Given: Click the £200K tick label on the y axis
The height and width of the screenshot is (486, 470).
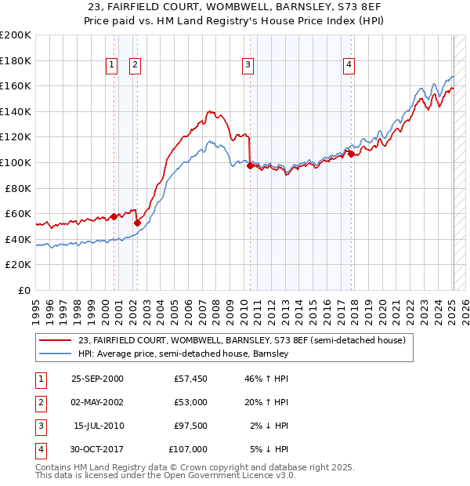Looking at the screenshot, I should (16, 35).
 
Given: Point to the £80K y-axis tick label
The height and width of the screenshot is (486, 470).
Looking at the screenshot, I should (18, 188).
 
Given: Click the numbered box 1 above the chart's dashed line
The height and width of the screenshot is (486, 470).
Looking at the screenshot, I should (112, 65).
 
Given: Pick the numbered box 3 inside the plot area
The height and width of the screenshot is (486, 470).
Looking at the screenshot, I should (248, 65).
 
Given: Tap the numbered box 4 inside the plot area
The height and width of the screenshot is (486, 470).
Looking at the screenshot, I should (349, 65).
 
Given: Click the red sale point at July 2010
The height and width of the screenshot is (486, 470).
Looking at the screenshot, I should (250, 165).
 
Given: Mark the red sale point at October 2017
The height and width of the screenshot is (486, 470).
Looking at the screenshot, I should (351, 154).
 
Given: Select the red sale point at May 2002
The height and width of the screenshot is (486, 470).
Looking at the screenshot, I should (137, 223).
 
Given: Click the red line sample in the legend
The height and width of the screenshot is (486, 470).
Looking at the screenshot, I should (56, 341).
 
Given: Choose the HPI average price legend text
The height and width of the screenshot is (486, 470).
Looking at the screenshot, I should (183, 354).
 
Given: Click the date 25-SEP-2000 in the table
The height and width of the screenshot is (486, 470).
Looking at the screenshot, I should (97, 379).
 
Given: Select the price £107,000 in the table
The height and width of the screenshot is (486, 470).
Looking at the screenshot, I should (189, 449).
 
